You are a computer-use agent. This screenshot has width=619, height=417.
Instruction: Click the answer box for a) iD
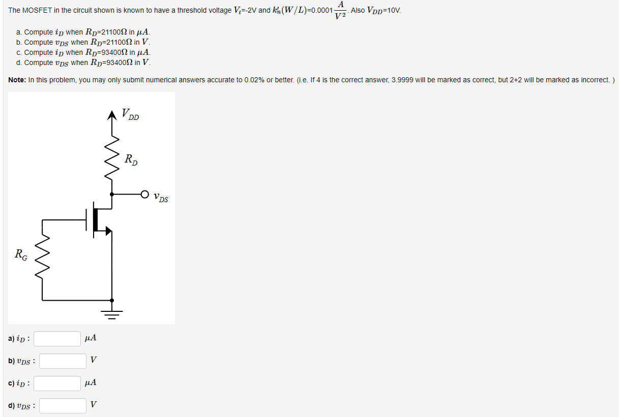[57, 339]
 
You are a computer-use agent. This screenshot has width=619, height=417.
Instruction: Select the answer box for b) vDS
[63, 361]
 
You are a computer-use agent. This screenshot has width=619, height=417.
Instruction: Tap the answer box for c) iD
[57, 383]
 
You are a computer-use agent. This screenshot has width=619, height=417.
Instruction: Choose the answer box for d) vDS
[63, 406]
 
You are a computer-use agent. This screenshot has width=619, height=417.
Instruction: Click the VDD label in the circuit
[130, 115]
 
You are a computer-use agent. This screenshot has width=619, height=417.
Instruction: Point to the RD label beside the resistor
[131, 159]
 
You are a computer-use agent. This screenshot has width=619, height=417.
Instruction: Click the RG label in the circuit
[21, 253]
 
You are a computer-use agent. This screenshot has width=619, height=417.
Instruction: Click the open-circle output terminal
[145, 194]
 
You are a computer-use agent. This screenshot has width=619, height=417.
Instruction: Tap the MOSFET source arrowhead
[108, 231]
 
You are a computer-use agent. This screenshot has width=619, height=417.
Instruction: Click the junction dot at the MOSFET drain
[112, 194]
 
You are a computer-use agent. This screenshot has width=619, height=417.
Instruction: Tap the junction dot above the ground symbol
[112, 300]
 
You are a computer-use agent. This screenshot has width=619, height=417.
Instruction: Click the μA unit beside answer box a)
[91, 338]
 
